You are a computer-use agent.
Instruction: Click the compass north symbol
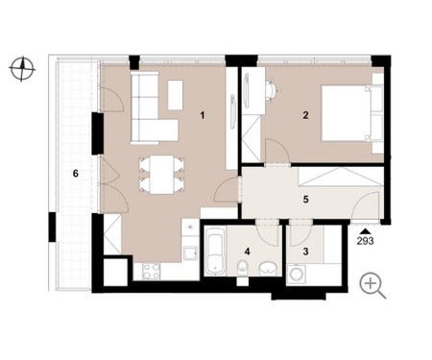coord(22,69)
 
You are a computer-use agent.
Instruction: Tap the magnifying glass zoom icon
coord(372,285)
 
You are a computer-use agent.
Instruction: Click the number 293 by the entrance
coord(365,241)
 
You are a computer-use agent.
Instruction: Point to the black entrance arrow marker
coord(365,231)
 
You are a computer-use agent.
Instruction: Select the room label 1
coord(202,115)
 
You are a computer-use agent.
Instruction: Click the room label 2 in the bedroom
coord(305,115)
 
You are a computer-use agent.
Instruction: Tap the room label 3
coord(305,252)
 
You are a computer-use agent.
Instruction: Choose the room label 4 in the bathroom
coord(247,252)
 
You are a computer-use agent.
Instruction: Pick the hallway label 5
coord(305,200)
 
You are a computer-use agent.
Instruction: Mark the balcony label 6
coord(76,174)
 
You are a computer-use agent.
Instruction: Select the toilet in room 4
coord(242,268)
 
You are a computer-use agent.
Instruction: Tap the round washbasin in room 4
coord(268,269)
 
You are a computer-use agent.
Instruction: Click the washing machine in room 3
coord(297,274)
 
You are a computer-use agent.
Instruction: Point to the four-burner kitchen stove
coord(151,271)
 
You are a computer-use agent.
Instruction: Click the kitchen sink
coord(190,253)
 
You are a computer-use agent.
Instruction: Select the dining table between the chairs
coord(162,175)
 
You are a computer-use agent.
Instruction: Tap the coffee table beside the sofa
coord(175,95)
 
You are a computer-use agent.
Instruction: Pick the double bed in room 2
coord(347,113)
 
